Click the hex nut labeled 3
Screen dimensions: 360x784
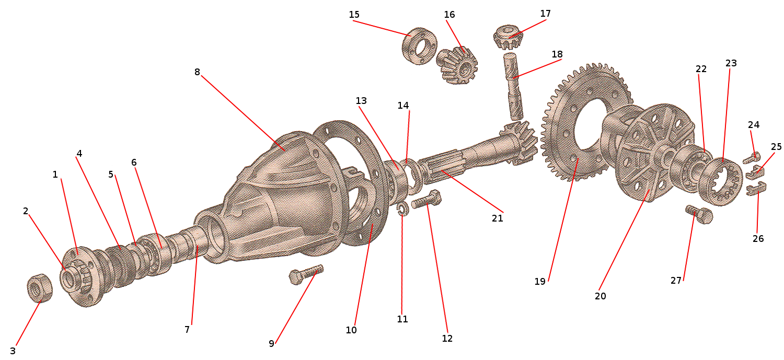pos(39,288)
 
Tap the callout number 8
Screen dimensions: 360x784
pos(197,72)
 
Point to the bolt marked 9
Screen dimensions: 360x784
pos(306,273)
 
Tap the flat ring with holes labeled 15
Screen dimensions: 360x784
pos(419,47)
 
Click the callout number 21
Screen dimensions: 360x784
pos(497,218)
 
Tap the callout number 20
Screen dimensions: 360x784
pos(600,296)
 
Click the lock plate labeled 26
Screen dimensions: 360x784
pos(756,189)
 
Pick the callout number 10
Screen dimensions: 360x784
pos(351,330)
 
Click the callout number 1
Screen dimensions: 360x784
pos(55,175)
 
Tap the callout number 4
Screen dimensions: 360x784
pos(79,154)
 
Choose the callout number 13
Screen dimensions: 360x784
pos(361,100)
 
